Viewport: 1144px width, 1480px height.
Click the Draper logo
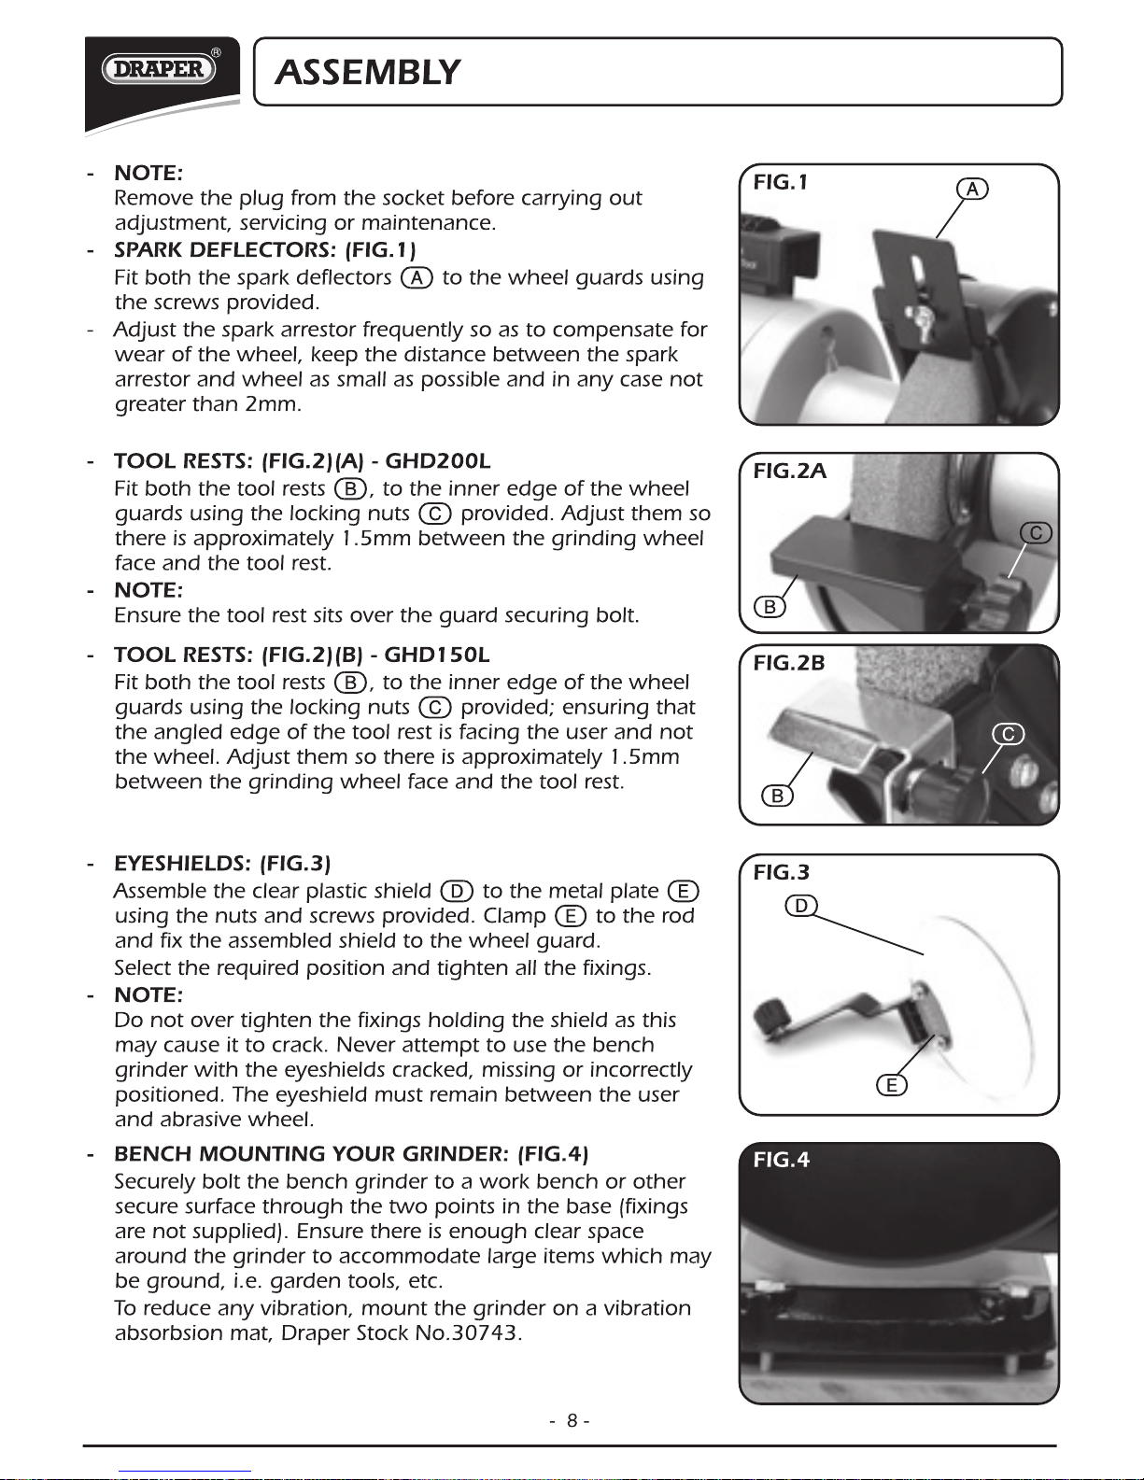pos(159,69)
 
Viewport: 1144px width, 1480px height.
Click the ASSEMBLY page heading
pos(368,72)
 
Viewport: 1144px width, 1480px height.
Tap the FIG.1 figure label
pos(780,182)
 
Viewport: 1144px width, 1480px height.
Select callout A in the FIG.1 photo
pos(972,189)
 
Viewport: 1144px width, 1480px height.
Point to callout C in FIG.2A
pos(1036,533)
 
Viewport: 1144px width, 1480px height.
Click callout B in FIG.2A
pos(770,607)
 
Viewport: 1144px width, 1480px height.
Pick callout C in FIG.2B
pos(1008,734)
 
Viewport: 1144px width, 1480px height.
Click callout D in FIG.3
pos(801,906)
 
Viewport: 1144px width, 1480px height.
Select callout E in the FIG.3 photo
pos(892,1085)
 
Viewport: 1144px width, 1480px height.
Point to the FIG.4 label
pos(782,1160)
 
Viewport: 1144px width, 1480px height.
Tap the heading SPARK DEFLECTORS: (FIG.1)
pos(265,250)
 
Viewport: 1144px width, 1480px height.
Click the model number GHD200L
pos(437,461)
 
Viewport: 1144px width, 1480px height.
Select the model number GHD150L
pos(437,655)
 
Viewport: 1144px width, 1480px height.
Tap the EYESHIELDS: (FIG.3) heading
pos(222,863)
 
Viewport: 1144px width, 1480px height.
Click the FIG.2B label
pos(789,663)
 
